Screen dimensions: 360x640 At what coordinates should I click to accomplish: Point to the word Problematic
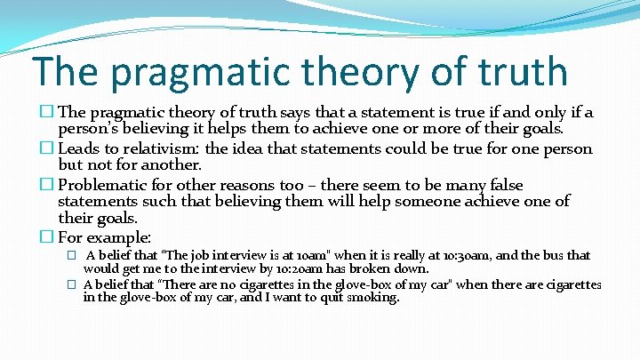tap(107, 184)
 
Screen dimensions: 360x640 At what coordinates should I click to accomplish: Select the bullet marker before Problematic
tap(48, 184)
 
